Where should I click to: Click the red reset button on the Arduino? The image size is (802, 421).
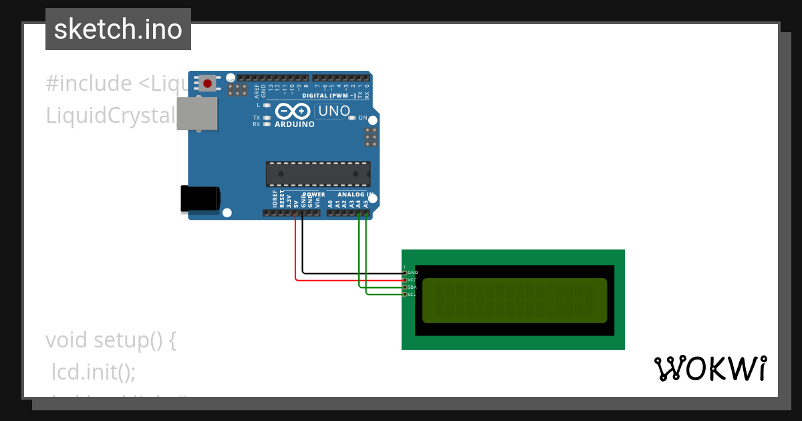(208, 84)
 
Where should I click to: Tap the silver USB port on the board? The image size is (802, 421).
(197, 114)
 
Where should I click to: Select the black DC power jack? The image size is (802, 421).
(200, 199)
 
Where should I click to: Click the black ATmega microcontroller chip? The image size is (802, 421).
(318, 174)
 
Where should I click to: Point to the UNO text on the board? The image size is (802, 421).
(333, 112)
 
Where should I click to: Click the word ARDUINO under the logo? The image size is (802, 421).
(295, 124)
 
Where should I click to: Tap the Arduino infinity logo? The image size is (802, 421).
(293, 111)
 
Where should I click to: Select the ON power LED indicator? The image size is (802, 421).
(352, 118)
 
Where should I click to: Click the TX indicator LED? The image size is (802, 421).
(267, 118)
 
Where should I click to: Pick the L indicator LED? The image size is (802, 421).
(267, 105)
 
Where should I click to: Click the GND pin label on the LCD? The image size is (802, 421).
(412, 273)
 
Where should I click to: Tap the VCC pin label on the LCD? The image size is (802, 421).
(412, 280)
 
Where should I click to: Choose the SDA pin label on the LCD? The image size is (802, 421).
(412, 287)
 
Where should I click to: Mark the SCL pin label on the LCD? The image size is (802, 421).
(412, 295)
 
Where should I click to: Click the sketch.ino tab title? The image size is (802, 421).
(118, 29)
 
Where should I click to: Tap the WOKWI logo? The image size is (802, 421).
(710, 368)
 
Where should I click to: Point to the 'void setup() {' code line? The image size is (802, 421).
(111, 340)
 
